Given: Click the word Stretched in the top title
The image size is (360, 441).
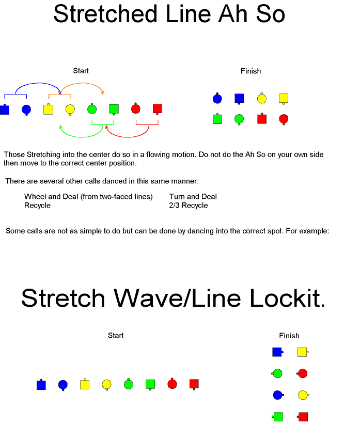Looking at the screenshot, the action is (x=105, y=14).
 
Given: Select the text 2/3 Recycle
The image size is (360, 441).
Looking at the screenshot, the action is (x=189, y=206).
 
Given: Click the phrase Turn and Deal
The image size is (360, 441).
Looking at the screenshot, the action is (x=193, y=196).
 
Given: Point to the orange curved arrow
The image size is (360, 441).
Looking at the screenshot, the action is (x=83, y=83).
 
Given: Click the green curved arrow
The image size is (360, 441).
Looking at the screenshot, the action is (x=81, y=137).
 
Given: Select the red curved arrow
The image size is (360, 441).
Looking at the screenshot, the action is (x=128, y=137).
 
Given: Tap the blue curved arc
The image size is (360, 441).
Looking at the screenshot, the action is (x=39, y=83).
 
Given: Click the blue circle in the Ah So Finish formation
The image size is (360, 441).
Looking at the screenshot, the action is (x=217, y=99).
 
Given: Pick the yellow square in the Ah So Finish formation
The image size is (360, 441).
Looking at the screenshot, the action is (x=284, y=99).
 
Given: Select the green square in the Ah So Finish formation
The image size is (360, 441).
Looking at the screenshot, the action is (x=217, y=119).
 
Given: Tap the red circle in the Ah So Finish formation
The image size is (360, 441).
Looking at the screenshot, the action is (x=284, y=119).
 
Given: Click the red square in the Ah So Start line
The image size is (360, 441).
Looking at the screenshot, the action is (x=158, y=109).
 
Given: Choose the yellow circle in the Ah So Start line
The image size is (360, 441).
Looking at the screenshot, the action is (x=70, y=109).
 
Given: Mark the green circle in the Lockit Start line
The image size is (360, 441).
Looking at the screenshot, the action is (x=129, y=384).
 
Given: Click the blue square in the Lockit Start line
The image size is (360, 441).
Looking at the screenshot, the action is (x=41, y=385).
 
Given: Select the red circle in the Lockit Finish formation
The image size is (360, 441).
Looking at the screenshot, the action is (x=302, y=373).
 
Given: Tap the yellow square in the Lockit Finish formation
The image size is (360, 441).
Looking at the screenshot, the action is (x=303, y=352).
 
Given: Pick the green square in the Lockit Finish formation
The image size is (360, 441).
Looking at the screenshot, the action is (x=278, y=417).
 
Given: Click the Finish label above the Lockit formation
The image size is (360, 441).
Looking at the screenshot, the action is (x=289, y=336).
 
